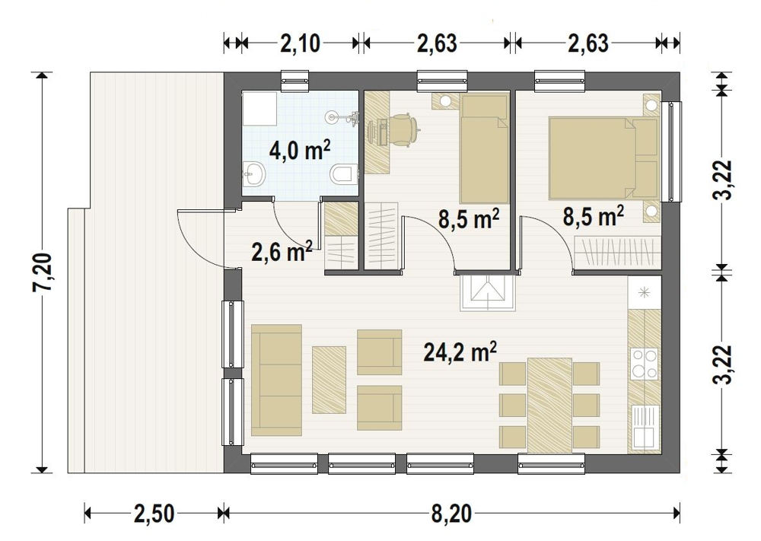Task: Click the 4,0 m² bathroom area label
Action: (299, 151)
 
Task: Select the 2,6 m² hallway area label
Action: (282, 251)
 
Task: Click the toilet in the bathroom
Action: (344, 173)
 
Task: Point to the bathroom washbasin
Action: (254, 173)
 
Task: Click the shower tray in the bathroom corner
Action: (260, 109)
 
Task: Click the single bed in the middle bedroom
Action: (484, 149)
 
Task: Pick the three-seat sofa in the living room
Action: (277, 380)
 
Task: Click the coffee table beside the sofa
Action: (329, 380)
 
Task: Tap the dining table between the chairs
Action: (549, 406)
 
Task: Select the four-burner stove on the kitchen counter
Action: (645, 364)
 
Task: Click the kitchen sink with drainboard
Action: (645, 426)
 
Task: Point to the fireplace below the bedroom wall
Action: (487, 293)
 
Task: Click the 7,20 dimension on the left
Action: (43, 272)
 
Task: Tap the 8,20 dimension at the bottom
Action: (451, 514)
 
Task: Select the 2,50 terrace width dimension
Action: (154, 514)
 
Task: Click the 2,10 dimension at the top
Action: (301, 43)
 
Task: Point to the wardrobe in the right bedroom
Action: (617, 253)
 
